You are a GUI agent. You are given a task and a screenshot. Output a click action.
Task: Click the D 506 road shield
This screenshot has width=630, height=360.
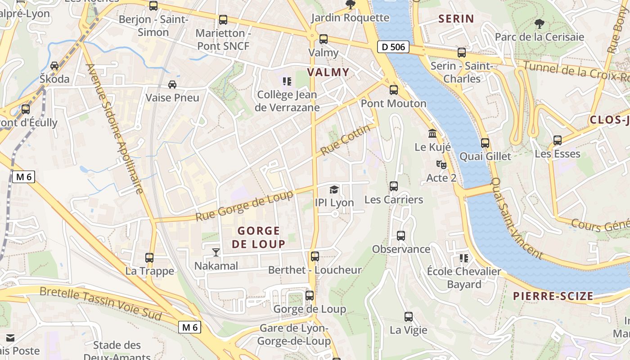click(x=393, y=46)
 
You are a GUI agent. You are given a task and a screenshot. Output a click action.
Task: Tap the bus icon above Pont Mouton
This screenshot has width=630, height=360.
click(x=394, y=90)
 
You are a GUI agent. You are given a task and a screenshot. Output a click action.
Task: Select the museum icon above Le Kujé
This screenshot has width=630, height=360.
click(x=432, y=134)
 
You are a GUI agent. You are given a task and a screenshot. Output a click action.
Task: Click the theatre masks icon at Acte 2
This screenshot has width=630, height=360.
click(x=441, y=165)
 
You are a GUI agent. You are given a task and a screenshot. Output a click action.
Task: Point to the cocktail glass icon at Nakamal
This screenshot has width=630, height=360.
click(x=216, y=252)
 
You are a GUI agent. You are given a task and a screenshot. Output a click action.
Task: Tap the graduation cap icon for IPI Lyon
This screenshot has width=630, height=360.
click(x=334, y=189)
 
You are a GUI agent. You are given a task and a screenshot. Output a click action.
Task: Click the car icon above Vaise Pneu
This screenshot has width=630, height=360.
click(x=172, y=84)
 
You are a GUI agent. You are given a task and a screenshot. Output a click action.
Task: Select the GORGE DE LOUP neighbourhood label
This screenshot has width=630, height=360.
click(x=259, y=237)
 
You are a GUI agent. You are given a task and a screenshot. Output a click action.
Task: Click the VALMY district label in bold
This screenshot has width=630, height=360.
click(x=328, y=72)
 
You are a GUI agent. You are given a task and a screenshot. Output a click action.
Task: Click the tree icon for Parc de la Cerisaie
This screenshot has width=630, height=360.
click(x=539, y=23)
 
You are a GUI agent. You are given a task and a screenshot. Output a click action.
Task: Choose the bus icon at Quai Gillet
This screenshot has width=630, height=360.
click(x=485, y=143)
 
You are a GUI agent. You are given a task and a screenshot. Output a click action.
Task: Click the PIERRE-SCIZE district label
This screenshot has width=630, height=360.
click(x=553, y=296)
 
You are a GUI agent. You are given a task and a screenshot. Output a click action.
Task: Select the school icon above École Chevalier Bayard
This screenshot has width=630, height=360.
click(x=463, y=258)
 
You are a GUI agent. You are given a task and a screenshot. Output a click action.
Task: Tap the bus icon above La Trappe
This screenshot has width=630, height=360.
click(x=149, y=258)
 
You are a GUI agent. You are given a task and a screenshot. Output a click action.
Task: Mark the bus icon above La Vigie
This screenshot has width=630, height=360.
click(x=408, y=317)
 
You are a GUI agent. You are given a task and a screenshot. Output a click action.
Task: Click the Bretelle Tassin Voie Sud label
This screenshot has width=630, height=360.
click(x=100, y=304)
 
